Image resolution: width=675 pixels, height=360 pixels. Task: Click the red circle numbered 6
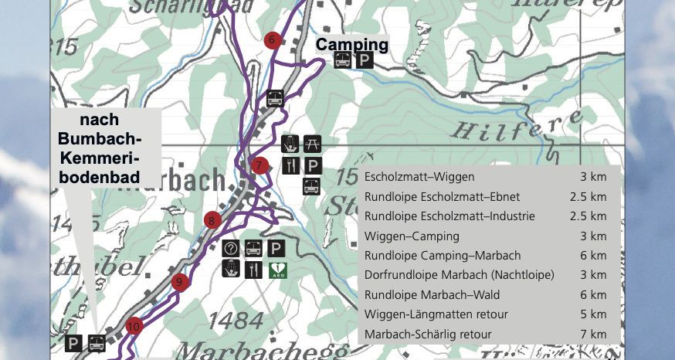(270, 39)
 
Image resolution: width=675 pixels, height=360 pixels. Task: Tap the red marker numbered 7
(260, 165)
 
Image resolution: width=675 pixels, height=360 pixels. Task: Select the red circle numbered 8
(212, 222)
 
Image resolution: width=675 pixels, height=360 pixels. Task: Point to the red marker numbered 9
(179, 282)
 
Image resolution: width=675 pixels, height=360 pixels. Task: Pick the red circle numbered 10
(134, 326)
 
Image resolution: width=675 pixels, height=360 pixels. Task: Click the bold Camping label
(351, 45)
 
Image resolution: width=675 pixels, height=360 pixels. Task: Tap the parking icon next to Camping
(364, 61)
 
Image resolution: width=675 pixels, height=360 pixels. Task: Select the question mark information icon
(231, 249)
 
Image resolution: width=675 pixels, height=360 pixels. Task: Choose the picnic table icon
(312, 143)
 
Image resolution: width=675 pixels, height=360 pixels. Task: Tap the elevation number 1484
(237, 318)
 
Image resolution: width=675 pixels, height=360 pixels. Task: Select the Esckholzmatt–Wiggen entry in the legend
(419, 177)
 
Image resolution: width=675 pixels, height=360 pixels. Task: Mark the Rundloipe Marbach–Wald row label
(432, 295)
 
